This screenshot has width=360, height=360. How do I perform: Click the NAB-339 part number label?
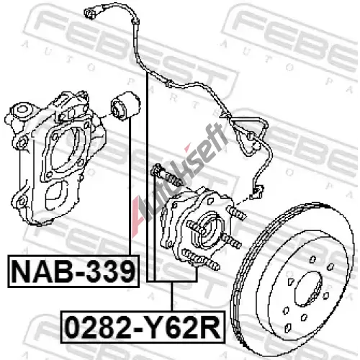point(73,271)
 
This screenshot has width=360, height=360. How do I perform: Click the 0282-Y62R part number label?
point(143,327)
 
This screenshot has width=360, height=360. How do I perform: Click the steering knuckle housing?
point(55,158)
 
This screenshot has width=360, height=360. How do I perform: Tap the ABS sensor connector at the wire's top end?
point(91,13)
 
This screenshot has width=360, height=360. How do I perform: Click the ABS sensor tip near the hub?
point(257,192)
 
